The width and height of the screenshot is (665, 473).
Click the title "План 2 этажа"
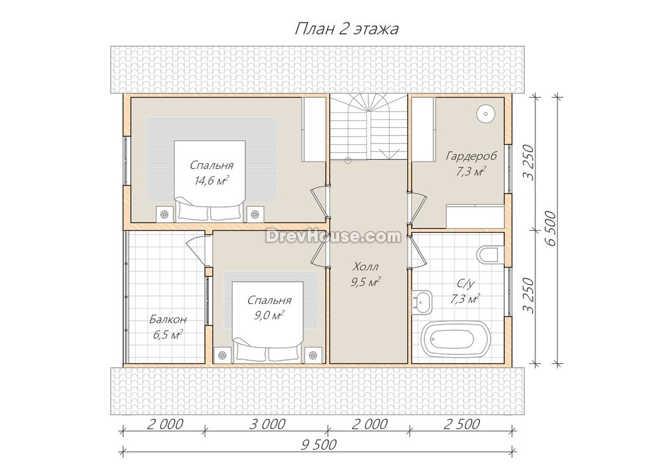(346, 29)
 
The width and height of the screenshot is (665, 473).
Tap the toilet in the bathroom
(488, 255)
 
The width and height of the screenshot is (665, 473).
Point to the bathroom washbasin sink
(422, 301)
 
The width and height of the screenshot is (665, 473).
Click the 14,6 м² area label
(211, 181)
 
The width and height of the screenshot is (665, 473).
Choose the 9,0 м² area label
(265, 315)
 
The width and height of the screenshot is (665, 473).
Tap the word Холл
(366, 267)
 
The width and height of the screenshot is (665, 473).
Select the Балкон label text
(168, 319)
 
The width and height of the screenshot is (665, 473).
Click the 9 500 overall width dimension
(319, 444)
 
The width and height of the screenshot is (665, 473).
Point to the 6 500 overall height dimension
(551, 228)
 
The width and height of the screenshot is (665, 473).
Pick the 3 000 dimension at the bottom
(267, 424)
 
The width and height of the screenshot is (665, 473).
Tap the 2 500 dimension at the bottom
(462, 424)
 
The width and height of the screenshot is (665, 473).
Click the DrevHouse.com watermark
(333, 236)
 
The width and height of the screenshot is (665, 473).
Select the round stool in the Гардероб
(484, 113)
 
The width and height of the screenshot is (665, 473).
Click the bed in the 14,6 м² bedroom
(210, 181)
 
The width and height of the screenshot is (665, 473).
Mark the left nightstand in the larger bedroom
(164, 214)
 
